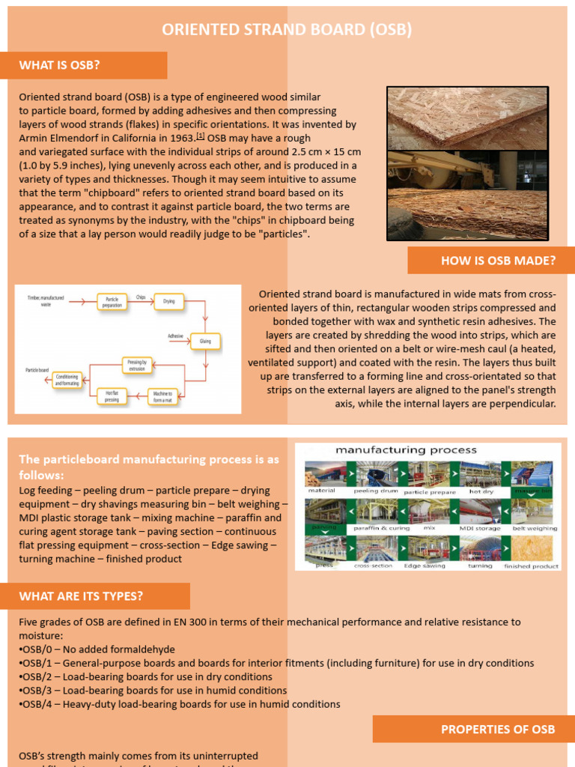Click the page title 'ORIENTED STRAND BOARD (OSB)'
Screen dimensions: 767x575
point(287,29)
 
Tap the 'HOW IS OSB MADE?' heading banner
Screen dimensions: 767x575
point(491,261)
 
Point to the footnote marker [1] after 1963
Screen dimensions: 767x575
point(200,137)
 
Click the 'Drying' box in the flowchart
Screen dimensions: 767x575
point(169,301)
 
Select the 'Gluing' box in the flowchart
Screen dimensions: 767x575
point(205,342)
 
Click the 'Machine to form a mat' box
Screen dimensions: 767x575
point(163,396)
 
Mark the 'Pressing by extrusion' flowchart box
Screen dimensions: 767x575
point(136,366)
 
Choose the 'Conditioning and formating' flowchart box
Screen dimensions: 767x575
point(67,380)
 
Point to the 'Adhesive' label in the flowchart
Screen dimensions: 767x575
point(175,337)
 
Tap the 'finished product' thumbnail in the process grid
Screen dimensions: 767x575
point(532,549)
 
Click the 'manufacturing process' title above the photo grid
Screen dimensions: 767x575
point(406,450)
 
